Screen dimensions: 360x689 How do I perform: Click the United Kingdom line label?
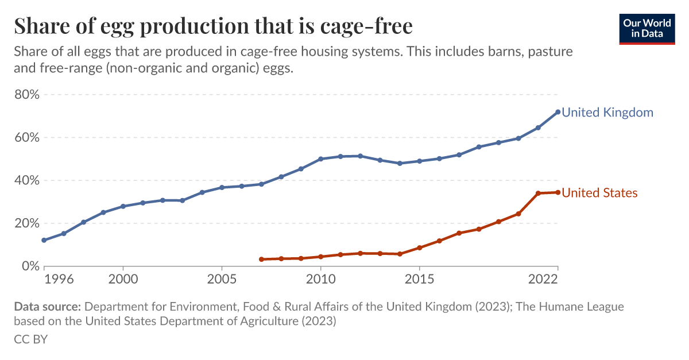coord(607,113)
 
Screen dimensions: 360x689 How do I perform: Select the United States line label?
coord(599,193)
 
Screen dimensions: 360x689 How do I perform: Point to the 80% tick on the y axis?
coord(26,95)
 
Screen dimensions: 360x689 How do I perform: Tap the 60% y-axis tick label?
coord(26,138)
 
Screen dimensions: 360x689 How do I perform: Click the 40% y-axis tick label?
coord(26,180)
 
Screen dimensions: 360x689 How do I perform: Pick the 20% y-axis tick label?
coord(26,223)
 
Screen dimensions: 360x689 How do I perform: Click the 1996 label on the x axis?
coord(59,279)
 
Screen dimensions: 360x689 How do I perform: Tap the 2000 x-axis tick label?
coord(123,279)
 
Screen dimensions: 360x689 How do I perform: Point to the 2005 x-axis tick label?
coord(222,279)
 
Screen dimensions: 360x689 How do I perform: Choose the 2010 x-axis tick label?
coord(320,279)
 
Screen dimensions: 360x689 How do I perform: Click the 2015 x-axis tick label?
coord(419,279)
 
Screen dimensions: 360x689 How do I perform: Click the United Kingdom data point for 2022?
coord(558,112)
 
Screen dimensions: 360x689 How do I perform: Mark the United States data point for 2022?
coord(558,192)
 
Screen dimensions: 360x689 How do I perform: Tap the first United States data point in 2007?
coord(261,260)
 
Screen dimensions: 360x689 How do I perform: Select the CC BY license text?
coord(30,339)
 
